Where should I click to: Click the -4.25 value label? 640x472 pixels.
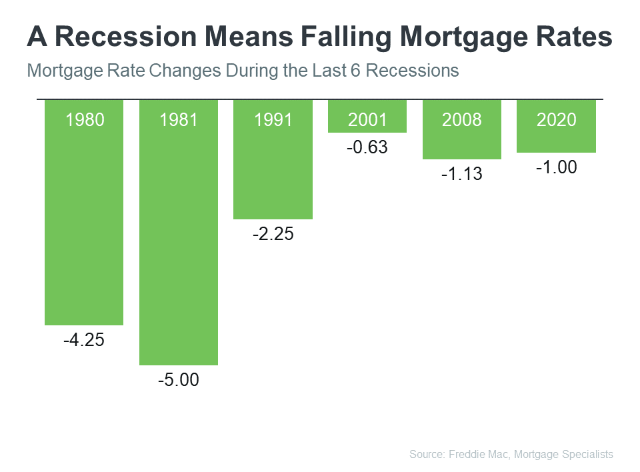84,341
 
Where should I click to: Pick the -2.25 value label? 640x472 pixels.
273,235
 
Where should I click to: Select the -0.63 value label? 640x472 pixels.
367,147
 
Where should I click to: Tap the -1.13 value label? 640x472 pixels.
461,175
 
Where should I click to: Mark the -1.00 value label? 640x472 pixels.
556,167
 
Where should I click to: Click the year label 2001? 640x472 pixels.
367,120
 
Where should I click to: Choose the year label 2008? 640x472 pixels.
461,120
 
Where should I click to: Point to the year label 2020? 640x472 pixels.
556,120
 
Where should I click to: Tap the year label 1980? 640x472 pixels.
84,120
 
